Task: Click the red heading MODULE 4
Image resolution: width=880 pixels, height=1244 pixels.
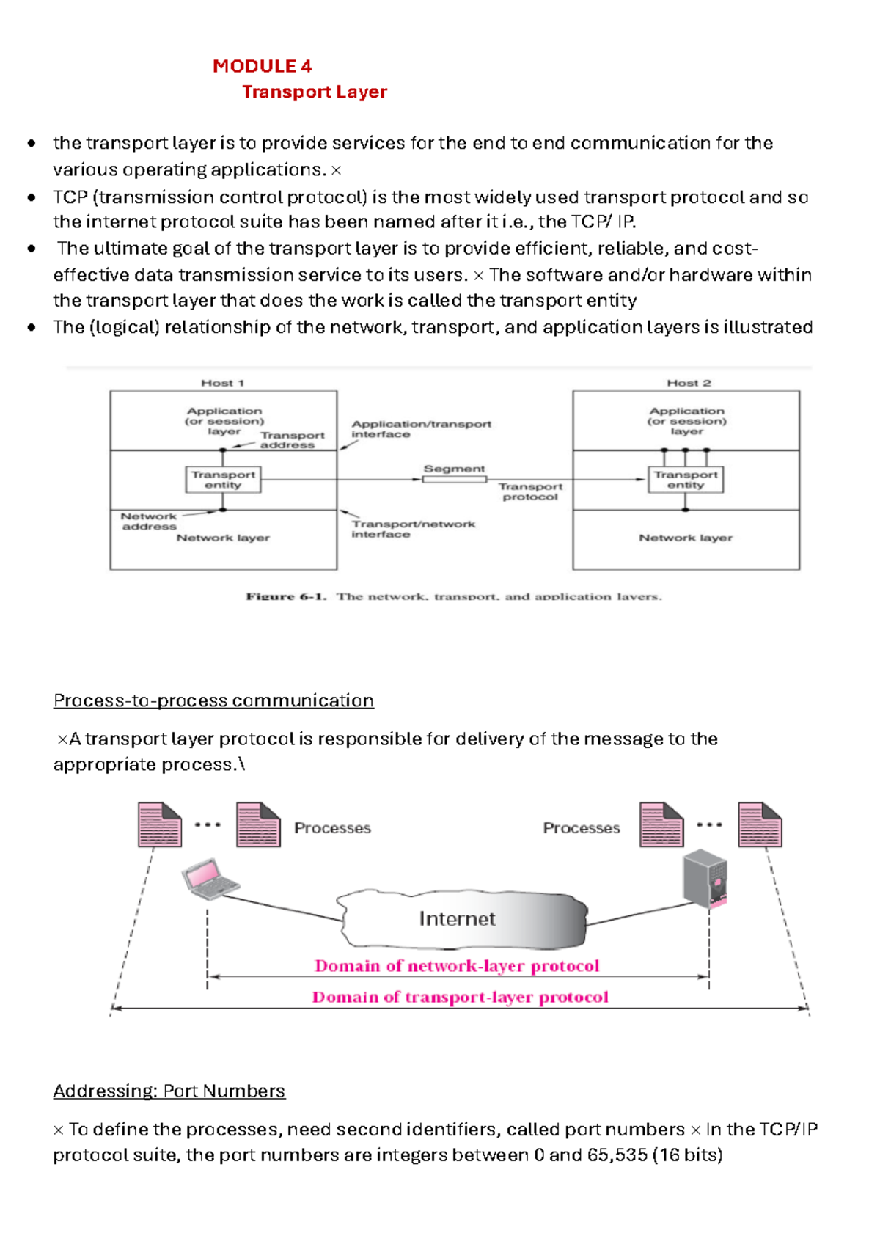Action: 262,66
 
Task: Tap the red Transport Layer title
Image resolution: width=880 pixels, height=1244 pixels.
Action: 314,92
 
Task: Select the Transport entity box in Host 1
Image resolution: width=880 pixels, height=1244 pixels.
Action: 223,480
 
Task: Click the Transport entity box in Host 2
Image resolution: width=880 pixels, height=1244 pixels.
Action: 686,480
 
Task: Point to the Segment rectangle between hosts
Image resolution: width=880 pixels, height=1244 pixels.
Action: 454,479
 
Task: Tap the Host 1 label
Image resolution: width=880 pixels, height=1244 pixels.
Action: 222,383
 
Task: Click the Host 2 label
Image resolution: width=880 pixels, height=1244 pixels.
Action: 689,383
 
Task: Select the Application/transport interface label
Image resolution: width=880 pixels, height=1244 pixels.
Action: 420,429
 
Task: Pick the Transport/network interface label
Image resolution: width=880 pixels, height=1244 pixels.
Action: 413,529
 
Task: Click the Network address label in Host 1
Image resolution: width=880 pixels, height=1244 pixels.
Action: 149,522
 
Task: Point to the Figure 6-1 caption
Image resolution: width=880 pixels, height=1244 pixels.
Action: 453,596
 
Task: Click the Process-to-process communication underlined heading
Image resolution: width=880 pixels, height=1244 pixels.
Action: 213,700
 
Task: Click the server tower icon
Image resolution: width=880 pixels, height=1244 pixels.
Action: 705,879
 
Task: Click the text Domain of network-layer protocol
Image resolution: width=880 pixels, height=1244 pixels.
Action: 457,966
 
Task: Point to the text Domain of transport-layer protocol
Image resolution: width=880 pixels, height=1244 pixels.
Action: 460,998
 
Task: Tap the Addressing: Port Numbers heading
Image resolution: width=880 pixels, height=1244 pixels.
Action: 169,1091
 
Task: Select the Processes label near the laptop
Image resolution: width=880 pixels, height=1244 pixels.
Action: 332,828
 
